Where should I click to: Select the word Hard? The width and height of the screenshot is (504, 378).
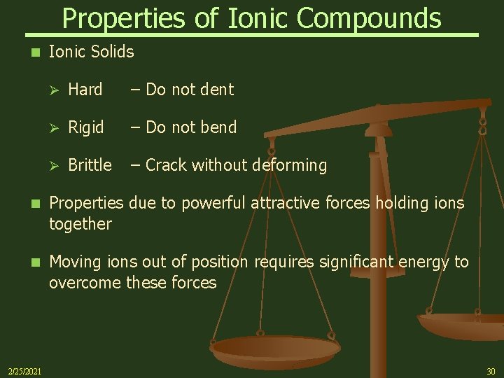[85, 89]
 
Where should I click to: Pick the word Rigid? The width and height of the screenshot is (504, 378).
[86, 127]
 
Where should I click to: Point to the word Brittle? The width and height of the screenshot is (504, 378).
[90, 165]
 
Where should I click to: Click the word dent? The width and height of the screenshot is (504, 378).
[217, 89]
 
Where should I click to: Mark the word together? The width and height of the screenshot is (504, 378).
[80, 224]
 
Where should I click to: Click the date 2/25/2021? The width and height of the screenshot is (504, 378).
[24, 370]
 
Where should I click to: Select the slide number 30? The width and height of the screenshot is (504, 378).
[491, 370]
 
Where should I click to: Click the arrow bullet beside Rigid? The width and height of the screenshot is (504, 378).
[55, 127]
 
